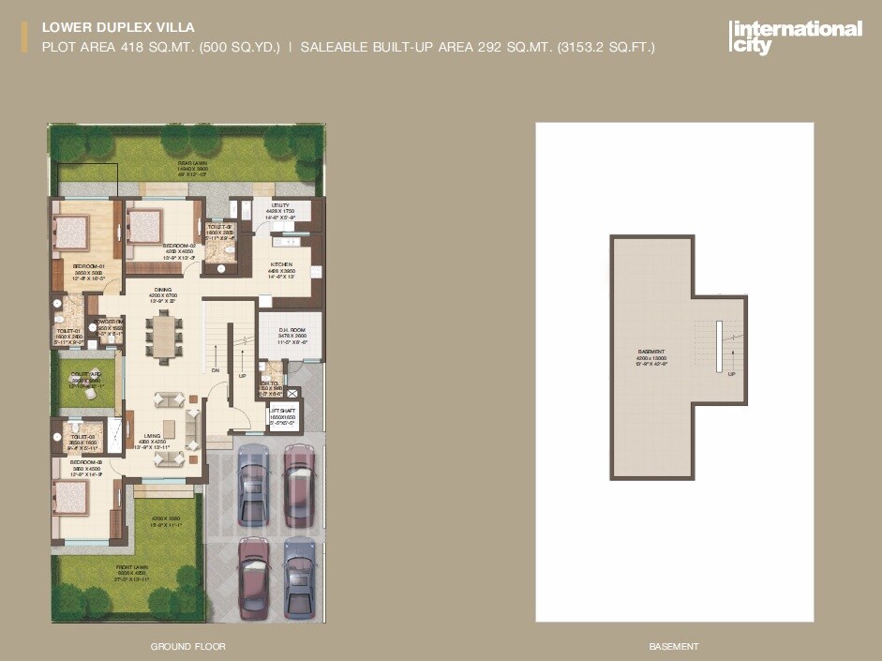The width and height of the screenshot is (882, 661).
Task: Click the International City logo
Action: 795,37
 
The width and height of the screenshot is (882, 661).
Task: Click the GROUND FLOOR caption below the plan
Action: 187,647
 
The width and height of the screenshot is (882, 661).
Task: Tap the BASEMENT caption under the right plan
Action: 674,647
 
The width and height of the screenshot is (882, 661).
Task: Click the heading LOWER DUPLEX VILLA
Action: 118,28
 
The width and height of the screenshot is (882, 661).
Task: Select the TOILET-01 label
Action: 68,334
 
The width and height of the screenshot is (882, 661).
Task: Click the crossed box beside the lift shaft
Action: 293,395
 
